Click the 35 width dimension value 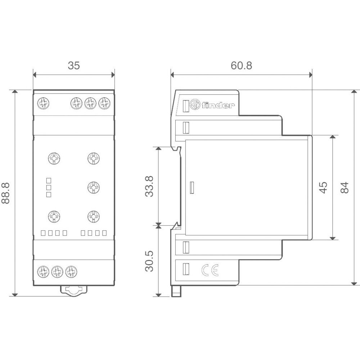click(x=73, y=66)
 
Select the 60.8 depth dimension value click(x=241, y=66)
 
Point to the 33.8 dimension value click(x=149, y=186)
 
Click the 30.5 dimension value click(x=149, y=261)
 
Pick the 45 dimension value click(x=324, y=187)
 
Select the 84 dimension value click(x=345, y=187)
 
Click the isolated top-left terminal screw click(x=43, y=104)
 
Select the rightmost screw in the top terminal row click(x=104, y=104)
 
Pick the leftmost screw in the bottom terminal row click(x=43, y=270)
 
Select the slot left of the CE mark click(x=186, y=269)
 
